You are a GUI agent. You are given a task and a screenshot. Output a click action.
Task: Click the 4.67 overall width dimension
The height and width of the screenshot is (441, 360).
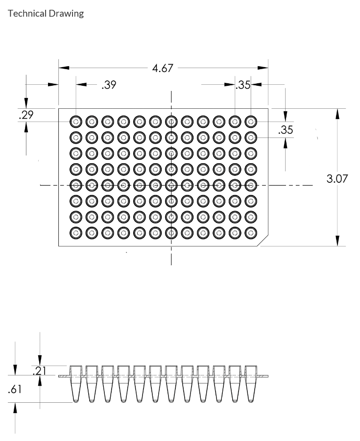click(x=163, y=68)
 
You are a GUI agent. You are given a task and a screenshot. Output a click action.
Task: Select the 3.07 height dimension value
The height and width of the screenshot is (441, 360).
click(x=337, y=178)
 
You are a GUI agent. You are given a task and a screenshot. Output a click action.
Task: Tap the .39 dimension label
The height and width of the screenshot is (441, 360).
click(x=109, y=85)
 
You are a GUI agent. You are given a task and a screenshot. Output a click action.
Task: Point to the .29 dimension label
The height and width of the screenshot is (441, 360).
click(x=25, y=116)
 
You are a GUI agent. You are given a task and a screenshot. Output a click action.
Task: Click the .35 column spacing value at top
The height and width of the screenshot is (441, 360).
click(x=243, y=85)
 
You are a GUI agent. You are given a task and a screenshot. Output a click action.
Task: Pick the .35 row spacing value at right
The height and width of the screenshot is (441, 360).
click(x=285, y=130)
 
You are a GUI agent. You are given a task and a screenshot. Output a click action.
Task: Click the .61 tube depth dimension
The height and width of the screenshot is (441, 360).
click(x=15, y=390)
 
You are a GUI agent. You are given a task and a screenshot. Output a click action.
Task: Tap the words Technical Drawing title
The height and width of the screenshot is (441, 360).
click(x=46, y=13)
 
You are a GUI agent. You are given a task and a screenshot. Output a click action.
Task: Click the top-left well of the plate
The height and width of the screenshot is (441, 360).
click(x=76, y=121)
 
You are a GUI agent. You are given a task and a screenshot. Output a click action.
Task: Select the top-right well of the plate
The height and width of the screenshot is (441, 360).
click(x=251, y=121)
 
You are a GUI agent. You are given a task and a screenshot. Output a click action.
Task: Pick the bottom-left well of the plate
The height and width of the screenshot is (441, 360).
click(x=76, y=232)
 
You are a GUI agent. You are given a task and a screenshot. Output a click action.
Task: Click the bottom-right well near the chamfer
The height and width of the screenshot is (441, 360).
click(x=251, y=232)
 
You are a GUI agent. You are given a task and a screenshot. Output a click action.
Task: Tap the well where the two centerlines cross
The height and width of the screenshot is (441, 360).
click(x=171, y=185)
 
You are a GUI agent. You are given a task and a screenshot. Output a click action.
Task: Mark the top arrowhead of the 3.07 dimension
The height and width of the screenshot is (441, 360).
click(x=337, y=113)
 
